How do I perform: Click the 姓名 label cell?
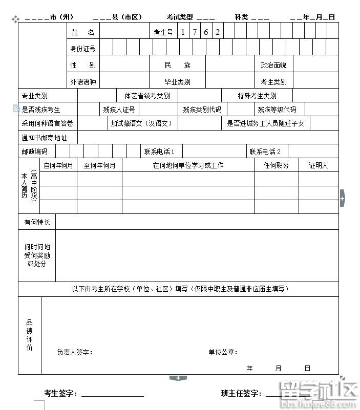tap(83, 32)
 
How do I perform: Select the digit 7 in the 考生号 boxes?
tap(195, 32)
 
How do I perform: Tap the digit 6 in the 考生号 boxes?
tap(206, 32)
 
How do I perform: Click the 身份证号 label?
tap(83, 49)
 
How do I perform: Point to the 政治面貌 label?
tap(273, 65)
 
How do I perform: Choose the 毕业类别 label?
tap(177, 81)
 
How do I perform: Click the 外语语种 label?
tap(83, 81)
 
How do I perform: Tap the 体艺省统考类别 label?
tap(147, 96)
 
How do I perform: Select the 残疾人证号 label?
tap(119, 110)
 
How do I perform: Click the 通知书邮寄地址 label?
tap(44, 138)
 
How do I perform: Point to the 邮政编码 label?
tap(34, 152)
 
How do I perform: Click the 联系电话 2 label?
tap(265, 152)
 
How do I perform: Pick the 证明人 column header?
tap(318, 165)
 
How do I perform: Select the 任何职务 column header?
tap(276, 165)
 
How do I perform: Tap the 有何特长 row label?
tap(37, 222)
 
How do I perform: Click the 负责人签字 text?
tap(74, 352)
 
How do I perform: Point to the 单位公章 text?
tap(222, 352)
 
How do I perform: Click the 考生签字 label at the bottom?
tap(60, 393)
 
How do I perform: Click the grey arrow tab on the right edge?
tap(342, 198)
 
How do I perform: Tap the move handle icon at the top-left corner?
tap(15, 19)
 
